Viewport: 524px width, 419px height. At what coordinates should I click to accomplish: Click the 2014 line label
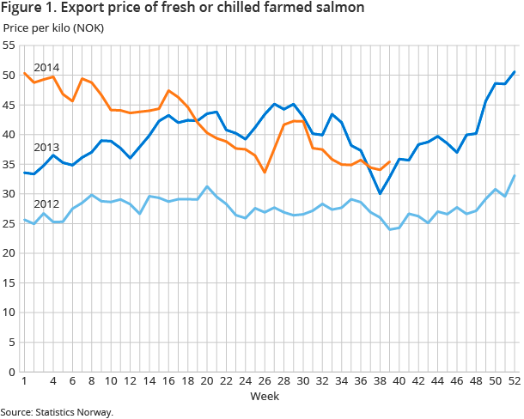tap(46, 67)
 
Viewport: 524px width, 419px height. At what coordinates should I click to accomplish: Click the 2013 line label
tap(46, 147)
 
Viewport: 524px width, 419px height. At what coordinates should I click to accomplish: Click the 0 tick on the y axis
tap(12, 372)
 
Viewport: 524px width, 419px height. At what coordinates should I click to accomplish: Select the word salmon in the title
tap(338, 9)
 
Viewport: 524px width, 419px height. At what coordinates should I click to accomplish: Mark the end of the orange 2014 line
tap(390, 162)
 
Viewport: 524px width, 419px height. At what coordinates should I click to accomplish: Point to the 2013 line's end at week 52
tap(514, 72)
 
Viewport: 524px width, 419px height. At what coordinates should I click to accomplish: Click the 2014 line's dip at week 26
tap(265, 173)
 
